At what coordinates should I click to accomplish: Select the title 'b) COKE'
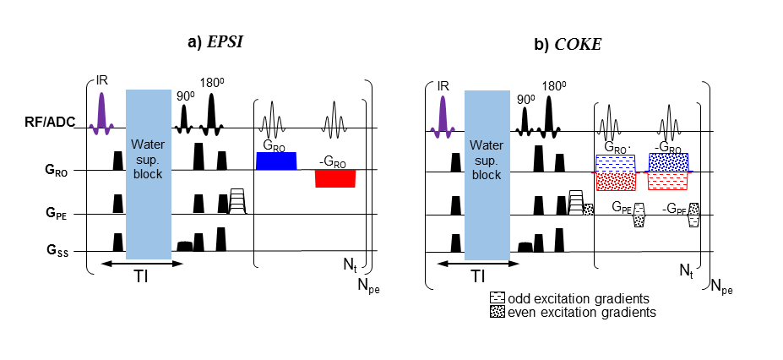pos(568,45)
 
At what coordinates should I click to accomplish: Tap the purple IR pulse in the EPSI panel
pos(101,113)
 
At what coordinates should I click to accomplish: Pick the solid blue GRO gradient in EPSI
pos(276,161)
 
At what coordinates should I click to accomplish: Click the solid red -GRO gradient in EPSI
pos(335,178)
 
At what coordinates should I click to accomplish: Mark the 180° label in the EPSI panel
pos(211,84)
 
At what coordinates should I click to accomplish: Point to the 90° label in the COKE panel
pos(525,97)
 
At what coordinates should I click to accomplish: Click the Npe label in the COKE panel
pos(722,286)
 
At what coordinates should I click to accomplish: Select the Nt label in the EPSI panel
pos(349,265)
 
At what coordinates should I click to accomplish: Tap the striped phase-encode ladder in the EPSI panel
pos(237,201)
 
